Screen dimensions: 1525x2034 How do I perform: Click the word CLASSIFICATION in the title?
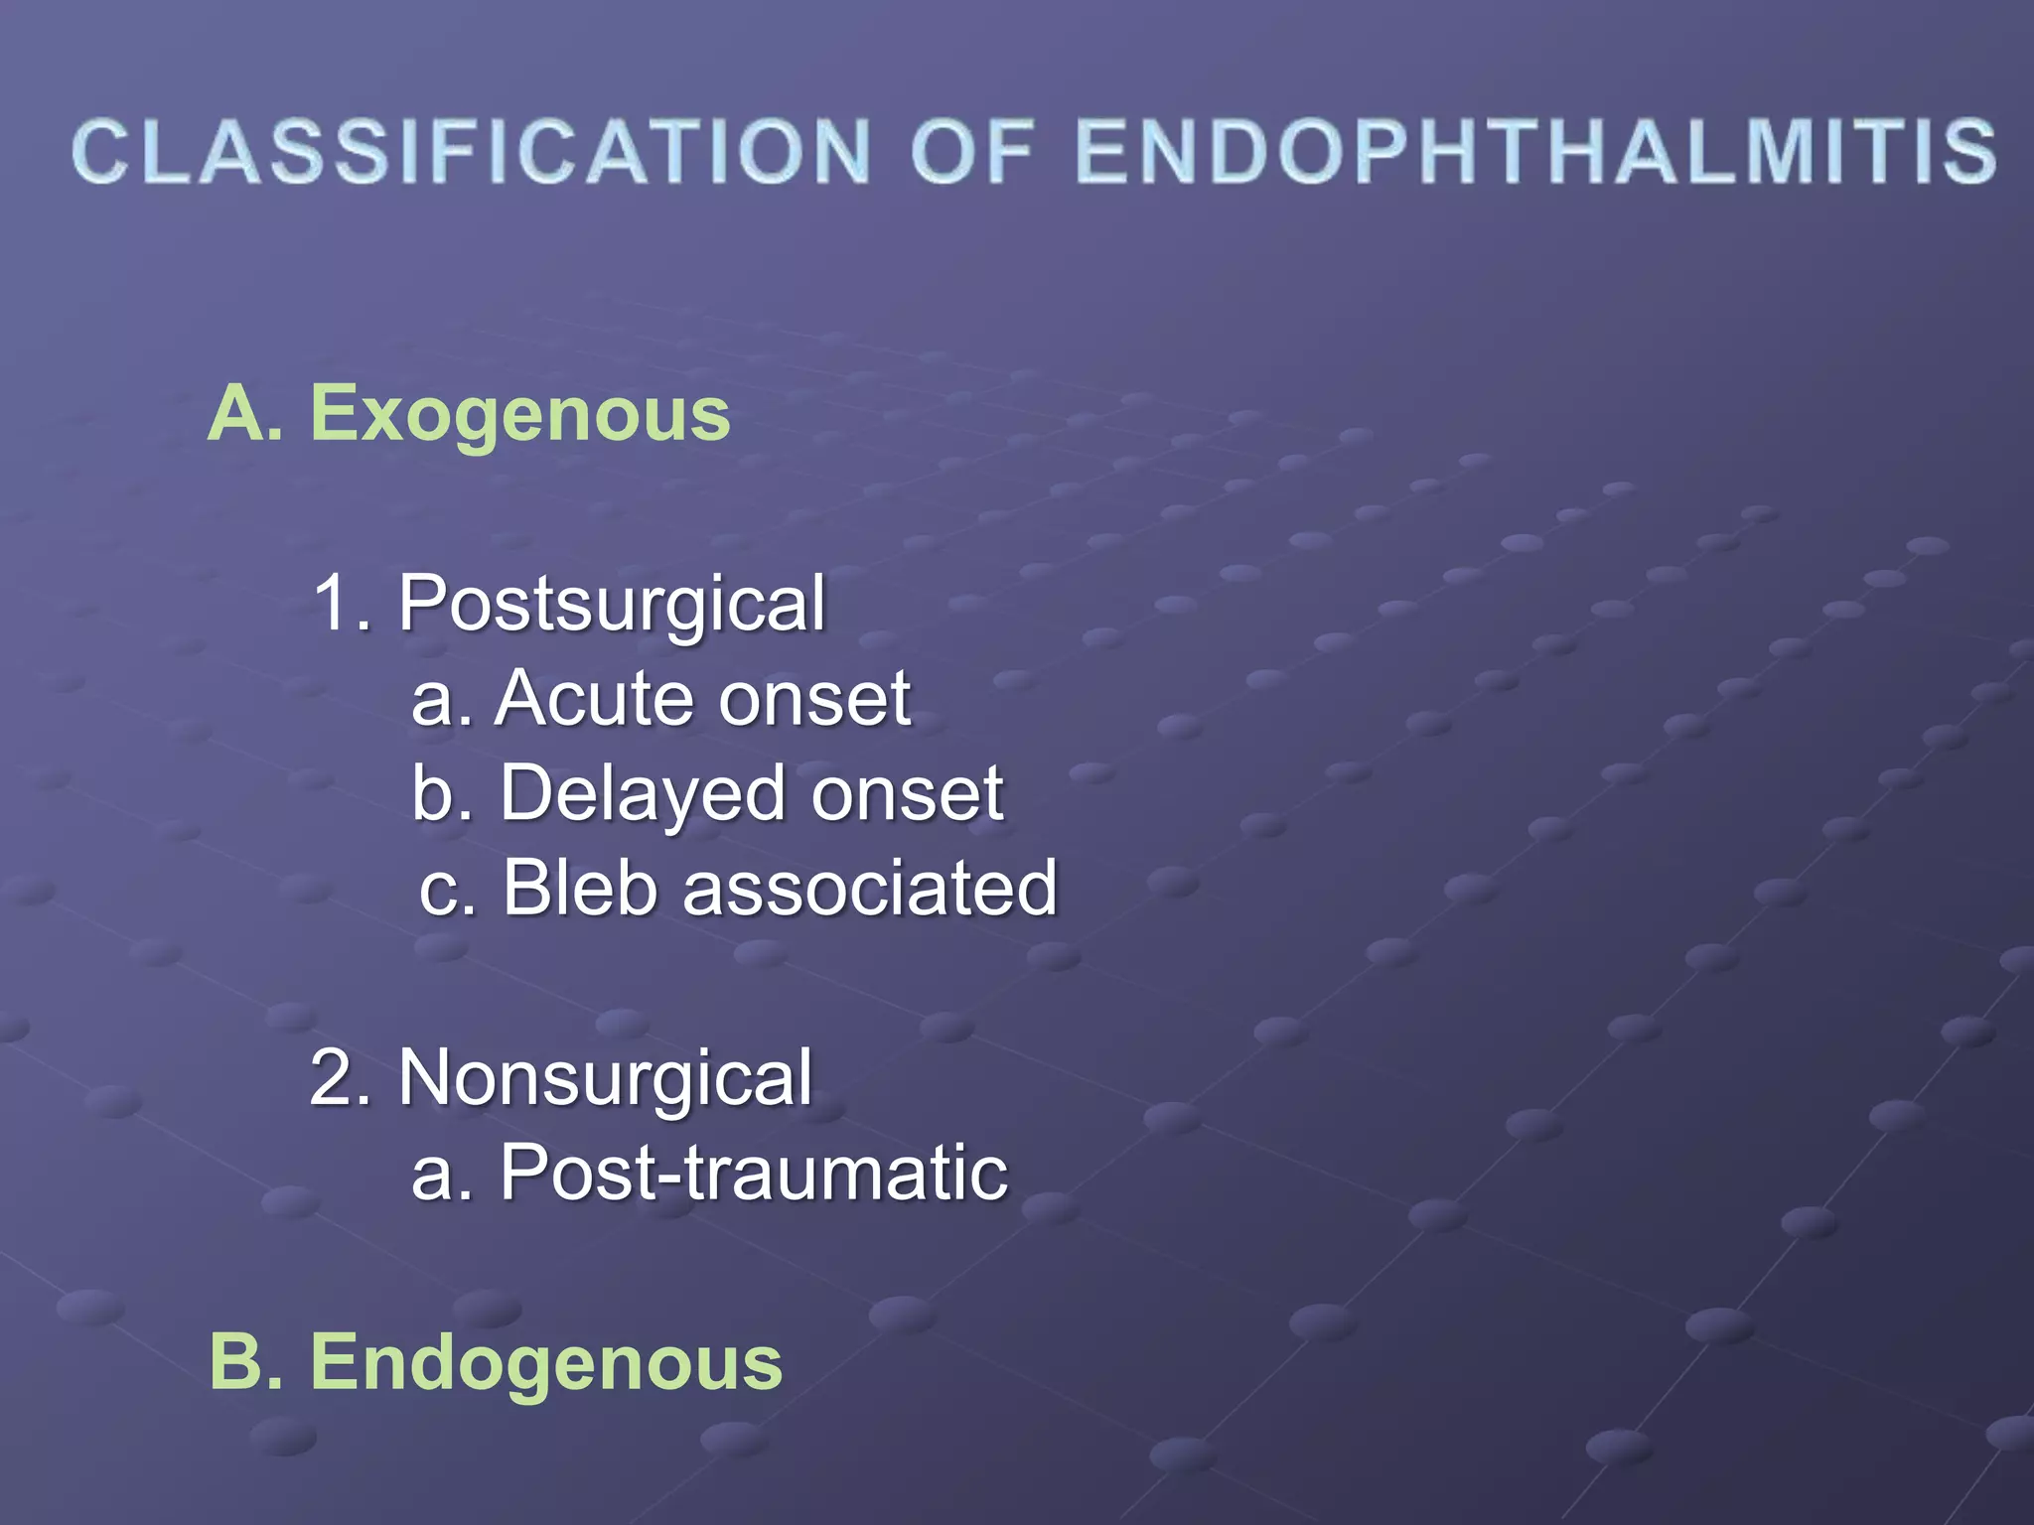472,151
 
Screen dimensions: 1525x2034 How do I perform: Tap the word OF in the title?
972,151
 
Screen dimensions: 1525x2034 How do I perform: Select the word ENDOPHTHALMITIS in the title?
1535,151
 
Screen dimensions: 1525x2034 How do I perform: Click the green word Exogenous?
520,414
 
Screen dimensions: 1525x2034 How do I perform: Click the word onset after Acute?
814,700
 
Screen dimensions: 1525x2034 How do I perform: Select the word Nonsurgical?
606,1079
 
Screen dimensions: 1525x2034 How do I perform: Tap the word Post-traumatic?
754,1173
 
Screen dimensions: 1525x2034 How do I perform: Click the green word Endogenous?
546,1363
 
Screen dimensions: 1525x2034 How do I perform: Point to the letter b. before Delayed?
441,794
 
